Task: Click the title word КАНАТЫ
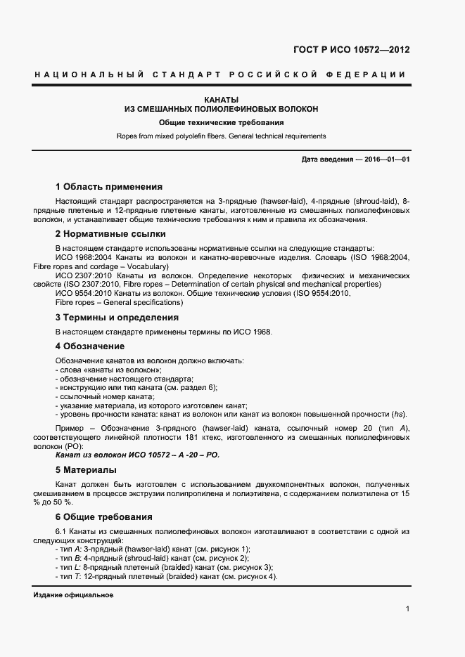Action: click(221, 100)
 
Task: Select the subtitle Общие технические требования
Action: click(221, 122)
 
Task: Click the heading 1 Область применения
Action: click(108, 187)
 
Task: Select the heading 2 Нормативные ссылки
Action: click(110, 234)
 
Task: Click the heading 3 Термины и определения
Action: click(117, 318)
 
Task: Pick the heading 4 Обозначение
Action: click(90, 346)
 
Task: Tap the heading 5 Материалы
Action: click(86, 470)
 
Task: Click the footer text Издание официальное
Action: click(73, 594)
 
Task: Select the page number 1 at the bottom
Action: click(407, 609)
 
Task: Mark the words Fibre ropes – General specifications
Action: click(118, 302)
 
